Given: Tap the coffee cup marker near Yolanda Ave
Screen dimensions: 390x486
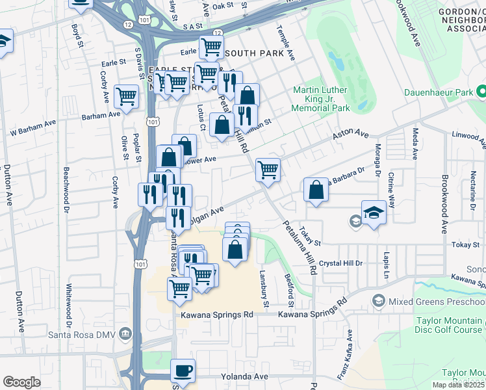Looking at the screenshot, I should click(x=183, y=370).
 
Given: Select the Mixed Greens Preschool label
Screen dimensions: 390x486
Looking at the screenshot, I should click(x=437, y=301).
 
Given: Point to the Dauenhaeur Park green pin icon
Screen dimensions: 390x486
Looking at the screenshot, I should click(x=481, y=93).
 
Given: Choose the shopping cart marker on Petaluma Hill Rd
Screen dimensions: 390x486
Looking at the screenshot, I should click(x=268, y=170).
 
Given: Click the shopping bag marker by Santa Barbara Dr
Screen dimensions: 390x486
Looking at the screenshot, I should click(x=316, y=191).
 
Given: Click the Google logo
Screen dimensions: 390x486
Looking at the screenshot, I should click(x=21, y=382).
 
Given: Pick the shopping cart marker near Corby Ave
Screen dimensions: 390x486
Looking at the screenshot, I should click(x=126, y=97).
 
